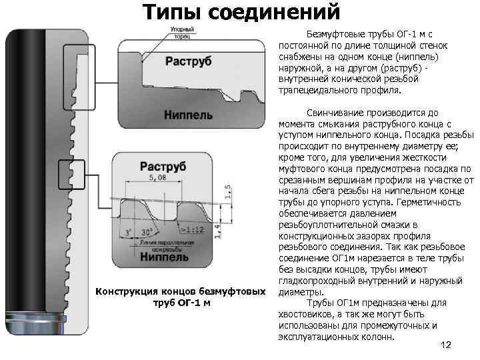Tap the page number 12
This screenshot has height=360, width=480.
[447, 345]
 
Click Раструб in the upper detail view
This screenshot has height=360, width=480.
[188, 61]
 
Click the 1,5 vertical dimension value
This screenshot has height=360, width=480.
[228, 191]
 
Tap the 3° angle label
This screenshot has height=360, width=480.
[127, 233]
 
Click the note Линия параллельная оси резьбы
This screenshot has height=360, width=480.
[158, 245]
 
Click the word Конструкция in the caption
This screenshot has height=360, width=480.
[126, 291]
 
